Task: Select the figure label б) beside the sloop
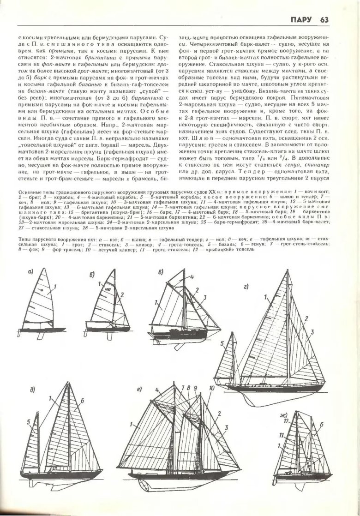coord(92,276)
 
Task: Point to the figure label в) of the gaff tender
coord(161,273)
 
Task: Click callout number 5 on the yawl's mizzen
coord(222,343)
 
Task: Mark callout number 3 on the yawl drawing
coord(312,332)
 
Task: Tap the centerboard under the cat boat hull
coord(42,336)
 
